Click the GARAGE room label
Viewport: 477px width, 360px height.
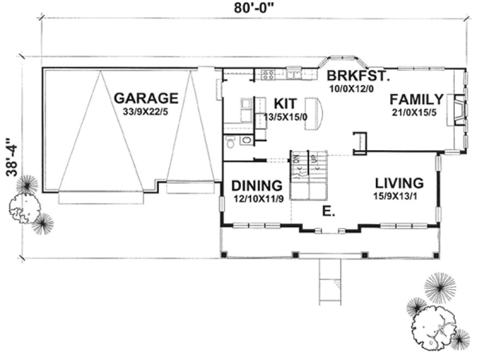[146, 98]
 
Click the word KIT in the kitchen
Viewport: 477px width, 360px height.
[284, 103]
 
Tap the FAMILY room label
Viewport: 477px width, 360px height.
[416, 99]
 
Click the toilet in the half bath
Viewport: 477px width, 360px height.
[231, 141]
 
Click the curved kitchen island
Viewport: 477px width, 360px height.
[314, 113]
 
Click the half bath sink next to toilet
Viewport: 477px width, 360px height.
[246, 141]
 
